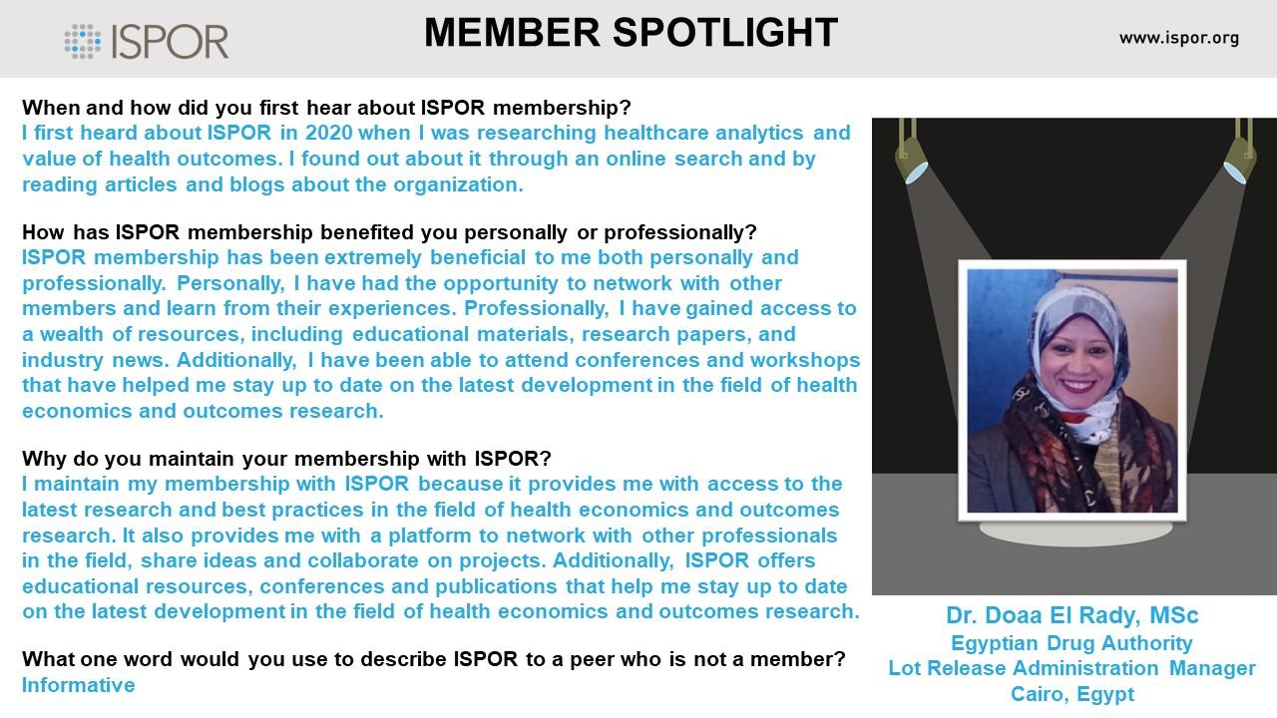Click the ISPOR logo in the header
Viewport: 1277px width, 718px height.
(x=147, y=42)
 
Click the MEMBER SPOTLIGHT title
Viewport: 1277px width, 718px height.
(x=632, y=33)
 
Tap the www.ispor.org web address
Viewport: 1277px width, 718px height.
(x=1179, y=39)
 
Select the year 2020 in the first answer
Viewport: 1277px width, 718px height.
(x=329, y=133)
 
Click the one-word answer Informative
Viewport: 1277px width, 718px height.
(x=79, y=685)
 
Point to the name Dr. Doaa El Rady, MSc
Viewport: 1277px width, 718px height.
(x=1071, y=615)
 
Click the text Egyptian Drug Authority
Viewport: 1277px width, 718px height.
(x=1071, y=643)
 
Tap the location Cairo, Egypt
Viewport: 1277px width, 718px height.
(x=1072, y=694)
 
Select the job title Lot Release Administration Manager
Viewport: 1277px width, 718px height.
(x=1071, y=668)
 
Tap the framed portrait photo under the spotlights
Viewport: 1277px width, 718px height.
(x=1072, y=391)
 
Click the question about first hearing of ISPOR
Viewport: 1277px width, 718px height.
(x=326, y=108)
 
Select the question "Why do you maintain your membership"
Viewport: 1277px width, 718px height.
(x=286, y=459)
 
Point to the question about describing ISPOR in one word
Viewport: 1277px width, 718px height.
(x=434, y=659)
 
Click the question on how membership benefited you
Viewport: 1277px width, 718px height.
(x=389, y=232)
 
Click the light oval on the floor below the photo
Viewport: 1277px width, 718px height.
(x=1075, y=534)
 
